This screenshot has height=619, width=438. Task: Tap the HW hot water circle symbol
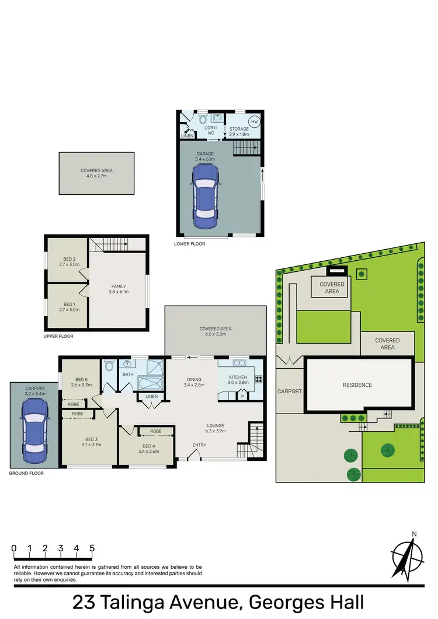pyautogui.click(x=254, y=121)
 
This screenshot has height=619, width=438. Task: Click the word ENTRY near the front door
pyautogui.click(x=199, y=446)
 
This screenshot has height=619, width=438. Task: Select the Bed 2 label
pyautogui.click(x=69, y=262)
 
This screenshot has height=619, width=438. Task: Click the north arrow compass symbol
pyautogui.click(x=409, y=556)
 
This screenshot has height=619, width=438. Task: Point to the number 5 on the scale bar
pyautogui.click(x=92, y=548)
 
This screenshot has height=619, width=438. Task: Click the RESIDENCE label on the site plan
pyautogui.click(x=357, y=385)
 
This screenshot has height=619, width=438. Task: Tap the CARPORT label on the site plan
pyautogui.click(x=290, y=391)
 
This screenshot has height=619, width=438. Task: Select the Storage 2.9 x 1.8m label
pyautogui.click(x=239, y=131)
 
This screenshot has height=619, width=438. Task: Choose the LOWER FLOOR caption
pyautogui.click(x=190, y=244)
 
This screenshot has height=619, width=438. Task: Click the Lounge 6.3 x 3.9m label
pyautogui.click(x=211, y=428)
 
